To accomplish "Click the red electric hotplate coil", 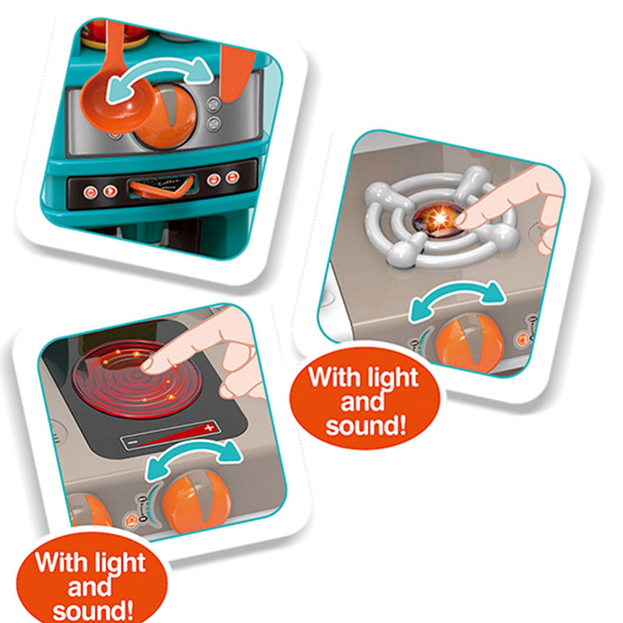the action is [138, 378].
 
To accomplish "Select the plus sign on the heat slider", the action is [209, 428].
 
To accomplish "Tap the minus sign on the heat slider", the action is [133, 442].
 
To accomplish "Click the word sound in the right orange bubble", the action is [365, 426].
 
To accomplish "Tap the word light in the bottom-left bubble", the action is [120, 562].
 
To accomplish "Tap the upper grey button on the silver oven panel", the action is [213, 104].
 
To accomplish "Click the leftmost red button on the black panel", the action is [90, 193].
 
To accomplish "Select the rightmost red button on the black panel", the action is [232, 178].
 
